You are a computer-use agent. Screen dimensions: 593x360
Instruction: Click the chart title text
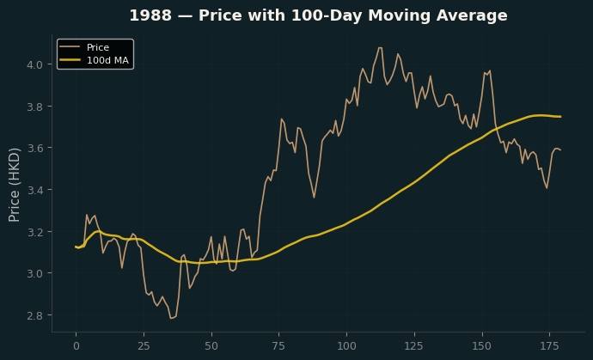[x=318, y=15]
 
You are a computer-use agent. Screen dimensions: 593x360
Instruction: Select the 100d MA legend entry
[x=94, y=60]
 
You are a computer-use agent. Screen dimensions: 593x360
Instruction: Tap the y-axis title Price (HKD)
[x=14, y=185]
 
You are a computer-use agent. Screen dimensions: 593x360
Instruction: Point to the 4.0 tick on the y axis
[x=34, y=64]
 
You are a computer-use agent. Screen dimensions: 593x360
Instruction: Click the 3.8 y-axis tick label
[x=34, y=107]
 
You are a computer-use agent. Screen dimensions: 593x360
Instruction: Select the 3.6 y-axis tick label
[x=34, y=148]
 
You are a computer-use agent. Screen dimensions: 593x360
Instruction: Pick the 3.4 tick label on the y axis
[x=34, y=190]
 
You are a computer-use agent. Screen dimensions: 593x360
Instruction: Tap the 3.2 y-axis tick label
[x=34, y=231]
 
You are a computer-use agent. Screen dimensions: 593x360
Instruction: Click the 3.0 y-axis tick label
[x=34, y=273]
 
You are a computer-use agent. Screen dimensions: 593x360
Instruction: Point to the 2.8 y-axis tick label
[x=34, y=315]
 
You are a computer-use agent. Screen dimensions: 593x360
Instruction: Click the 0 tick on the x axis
[x=76, y=346]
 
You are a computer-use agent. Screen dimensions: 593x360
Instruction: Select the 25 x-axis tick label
[x=144, y=346]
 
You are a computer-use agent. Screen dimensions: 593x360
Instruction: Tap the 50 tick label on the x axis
[x=211, y=346]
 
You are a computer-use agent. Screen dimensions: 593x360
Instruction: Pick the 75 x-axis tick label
[x=279, y=346]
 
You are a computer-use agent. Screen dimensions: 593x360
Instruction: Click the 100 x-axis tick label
[x=347, y=346]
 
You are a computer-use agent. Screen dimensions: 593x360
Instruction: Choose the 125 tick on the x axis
[x=414, y=346]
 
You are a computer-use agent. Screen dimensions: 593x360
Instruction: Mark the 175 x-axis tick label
[x=550, y=346]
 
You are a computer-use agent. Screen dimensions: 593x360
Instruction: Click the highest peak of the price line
[x=380, y=47]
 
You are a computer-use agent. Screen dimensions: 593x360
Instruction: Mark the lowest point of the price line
[x=171, y=319]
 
